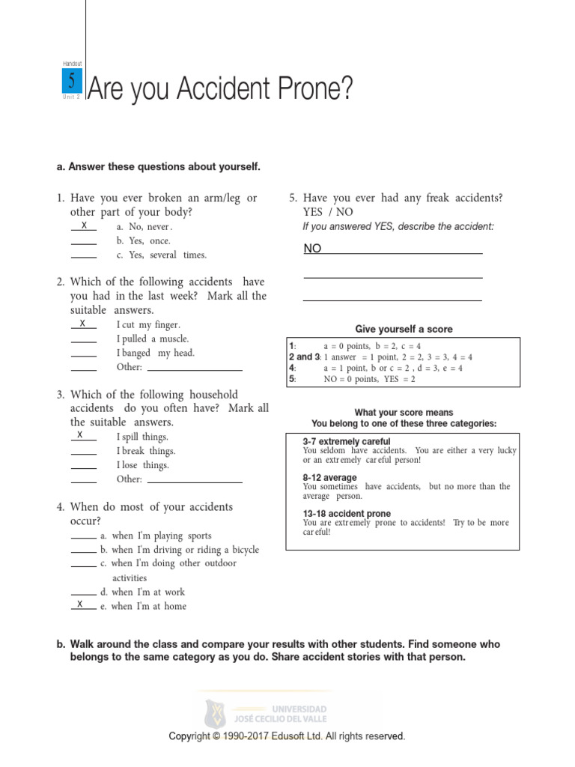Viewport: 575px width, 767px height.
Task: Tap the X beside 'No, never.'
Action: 84,226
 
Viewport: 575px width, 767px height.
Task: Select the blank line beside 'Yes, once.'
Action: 84,243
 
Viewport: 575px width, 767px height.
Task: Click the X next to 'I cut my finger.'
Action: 83,324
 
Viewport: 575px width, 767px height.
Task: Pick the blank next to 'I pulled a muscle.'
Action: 84,341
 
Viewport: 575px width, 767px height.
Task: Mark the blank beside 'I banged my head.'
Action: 84,355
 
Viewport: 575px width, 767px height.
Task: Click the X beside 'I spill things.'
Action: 80,435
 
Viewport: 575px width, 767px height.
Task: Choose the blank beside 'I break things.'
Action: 84,453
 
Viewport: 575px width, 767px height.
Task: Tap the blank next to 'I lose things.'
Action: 84,467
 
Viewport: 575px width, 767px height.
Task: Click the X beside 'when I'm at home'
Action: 79,604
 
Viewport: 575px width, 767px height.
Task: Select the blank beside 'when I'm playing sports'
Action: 84,538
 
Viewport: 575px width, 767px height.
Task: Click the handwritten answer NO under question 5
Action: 312,249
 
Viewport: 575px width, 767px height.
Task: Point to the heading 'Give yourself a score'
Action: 404,330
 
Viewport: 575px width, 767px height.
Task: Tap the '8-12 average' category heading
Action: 329,477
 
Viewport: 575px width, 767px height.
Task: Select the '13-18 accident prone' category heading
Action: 347,514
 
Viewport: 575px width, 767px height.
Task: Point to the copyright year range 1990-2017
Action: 255,736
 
